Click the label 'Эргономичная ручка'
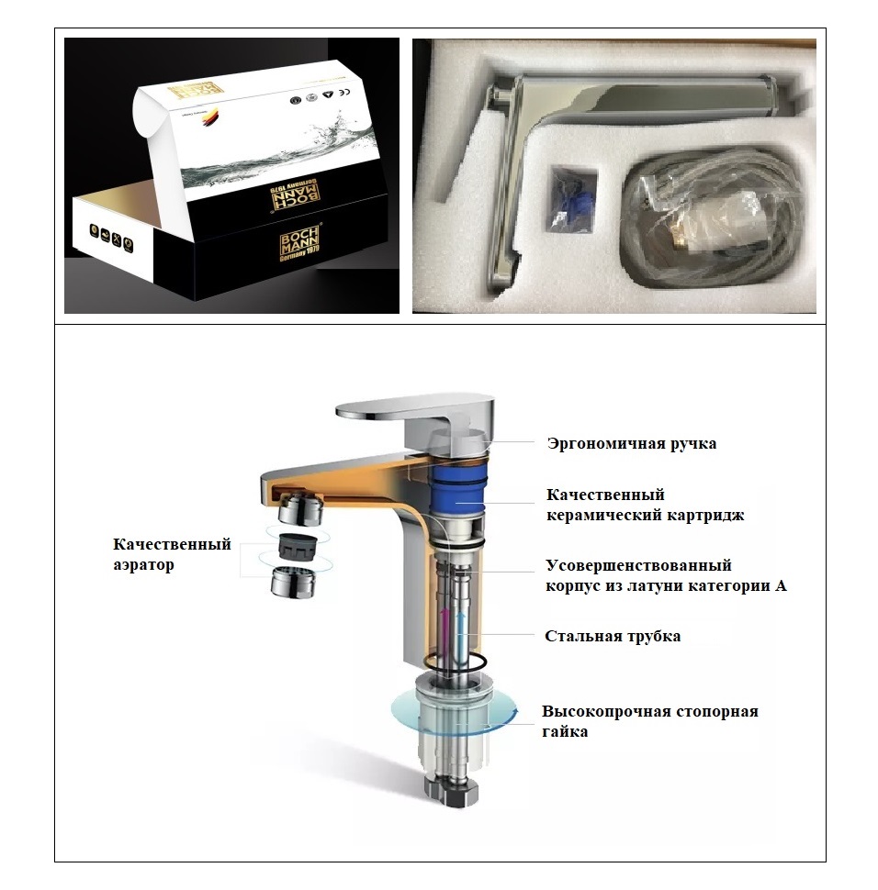631,444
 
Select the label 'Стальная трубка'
613,636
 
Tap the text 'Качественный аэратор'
173,554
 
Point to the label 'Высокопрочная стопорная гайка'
649,721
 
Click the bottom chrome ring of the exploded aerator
295,582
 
